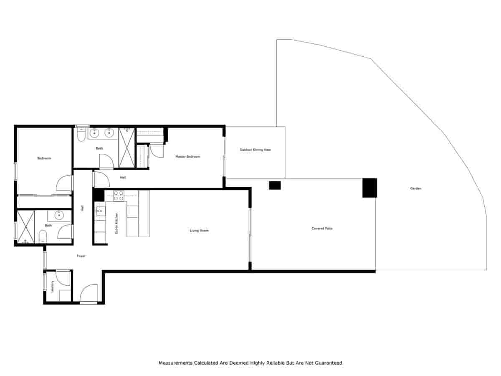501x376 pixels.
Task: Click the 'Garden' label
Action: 415,188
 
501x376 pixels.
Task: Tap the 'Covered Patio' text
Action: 322,229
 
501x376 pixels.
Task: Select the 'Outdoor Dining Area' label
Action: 255,150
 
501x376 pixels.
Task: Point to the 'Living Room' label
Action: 199,231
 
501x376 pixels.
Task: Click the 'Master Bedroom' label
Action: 187,157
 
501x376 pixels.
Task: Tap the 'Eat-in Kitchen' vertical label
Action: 117,223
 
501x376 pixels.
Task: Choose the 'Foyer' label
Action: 81,256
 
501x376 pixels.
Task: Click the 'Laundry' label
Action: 53,286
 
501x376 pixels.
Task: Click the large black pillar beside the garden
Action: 369,188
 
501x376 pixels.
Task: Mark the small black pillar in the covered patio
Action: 275,185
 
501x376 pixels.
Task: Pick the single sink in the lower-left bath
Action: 59,216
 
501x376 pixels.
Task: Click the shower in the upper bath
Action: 127,147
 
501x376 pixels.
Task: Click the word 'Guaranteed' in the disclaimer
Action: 327,363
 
